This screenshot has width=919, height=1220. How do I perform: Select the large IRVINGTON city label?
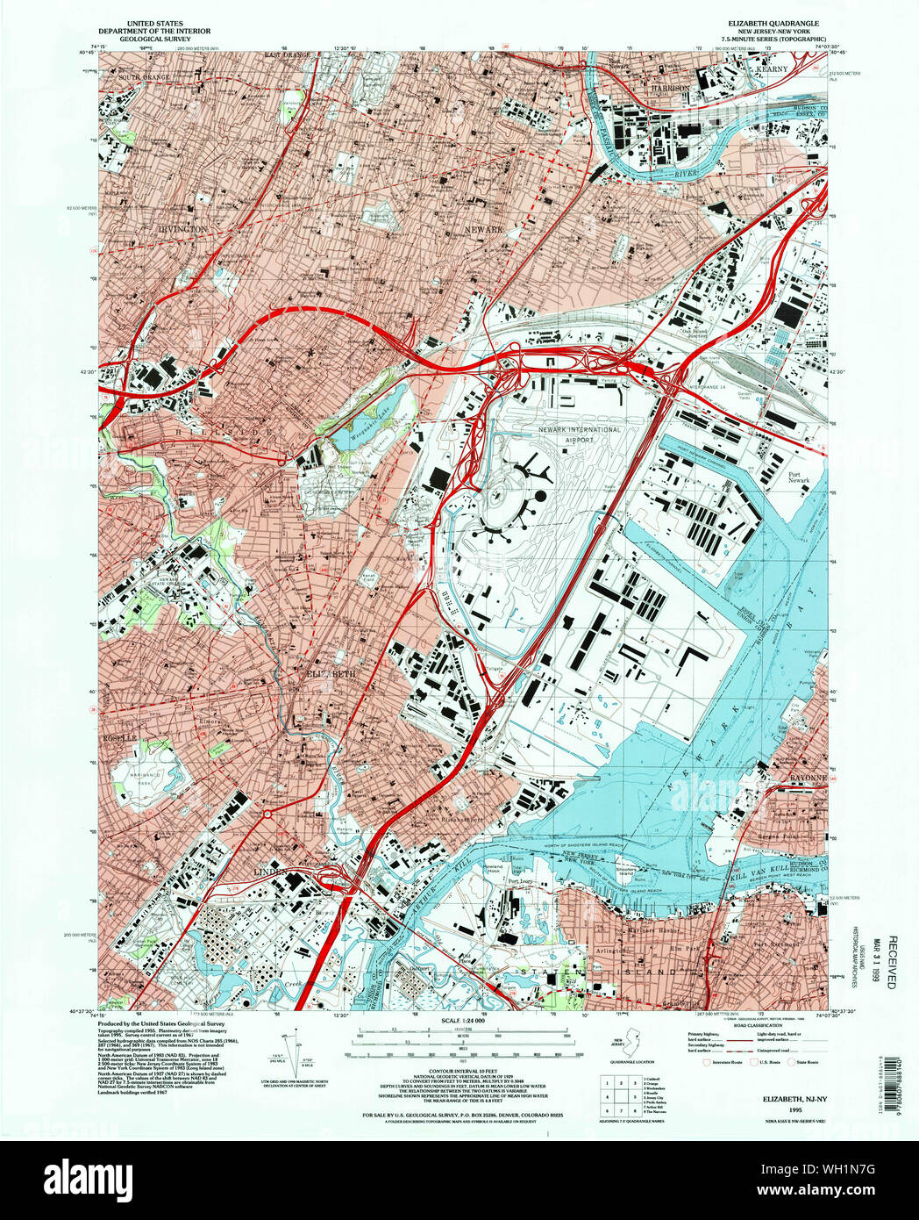tap(182, 228)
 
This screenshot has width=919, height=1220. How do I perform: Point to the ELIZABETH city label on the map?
tap(331, 673)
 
